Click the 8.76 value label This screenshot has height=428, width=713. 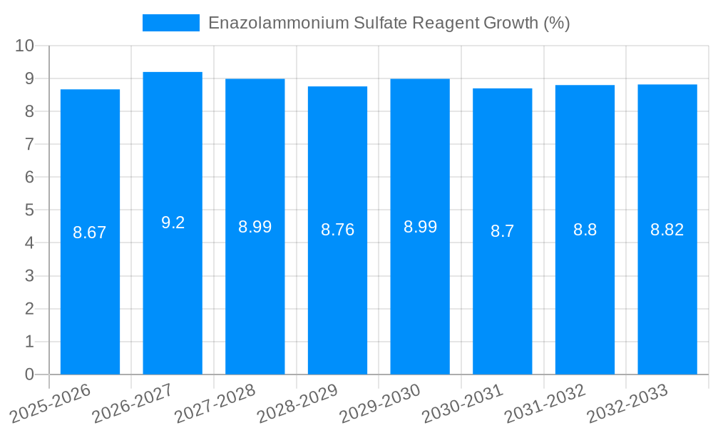coord(337,230)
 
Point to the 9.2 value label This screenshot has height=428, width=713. coord(173,223)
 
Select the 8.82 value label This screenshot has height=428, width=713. coord(667,230)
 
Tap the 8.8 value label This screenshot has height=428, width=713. coord(585,230)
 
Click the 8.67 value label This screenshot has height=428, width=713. coord(90,233)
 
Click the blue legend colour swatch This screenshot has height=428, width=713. coord(171,23)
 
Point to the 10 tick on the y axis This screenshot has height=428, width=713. coord(25,46)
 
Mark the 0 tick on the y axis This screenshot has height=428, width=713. coord(29,374)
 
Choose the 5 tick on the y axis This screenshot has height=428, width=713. coord(29,210)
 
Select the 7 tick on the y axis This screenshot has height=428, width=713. coord(29,144)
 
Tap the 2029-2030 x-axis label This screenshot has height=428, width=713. coord(380,403)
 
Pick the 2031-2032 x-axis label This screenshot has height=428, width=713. coord(545,403)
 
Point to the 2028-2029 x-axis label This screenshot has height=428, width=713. coord(297,403)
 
